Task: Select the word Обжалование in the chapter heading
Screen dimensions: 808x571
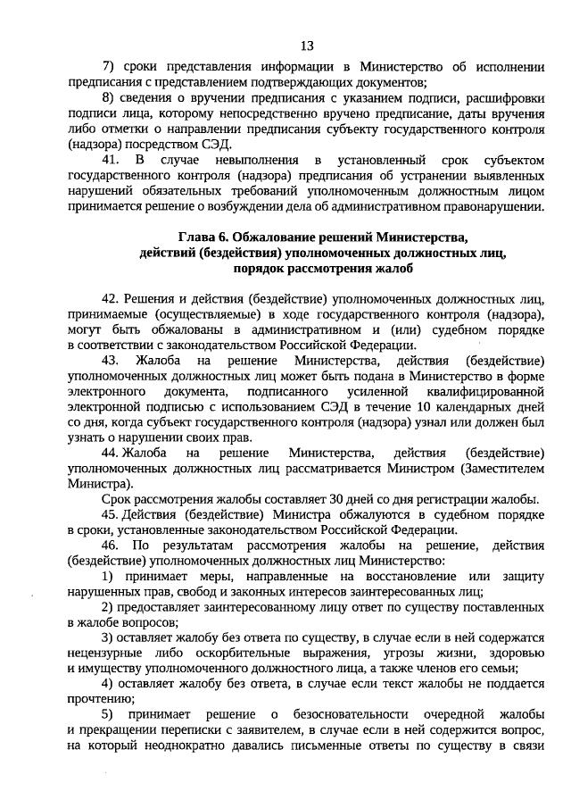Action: pyautogui.click(x=281, y=237)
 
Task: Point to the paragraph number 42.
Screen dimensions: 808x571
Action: pyautogui.click(x=112, y=297)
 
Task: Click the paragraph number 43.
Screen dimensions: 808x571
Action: pyautogui.click(x=112, y=360)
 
